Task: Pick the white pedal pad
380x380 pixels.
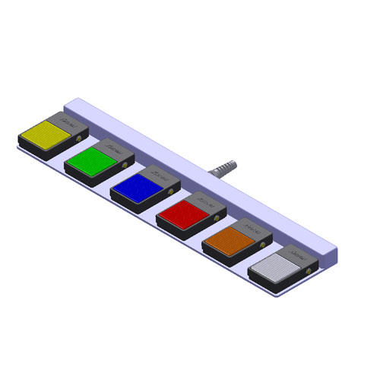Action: click(274, 268)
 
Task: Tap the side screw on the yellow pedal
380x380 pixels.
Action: click(81, 138)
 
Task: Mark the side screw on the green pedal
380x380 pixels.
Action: click(126, 164)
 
